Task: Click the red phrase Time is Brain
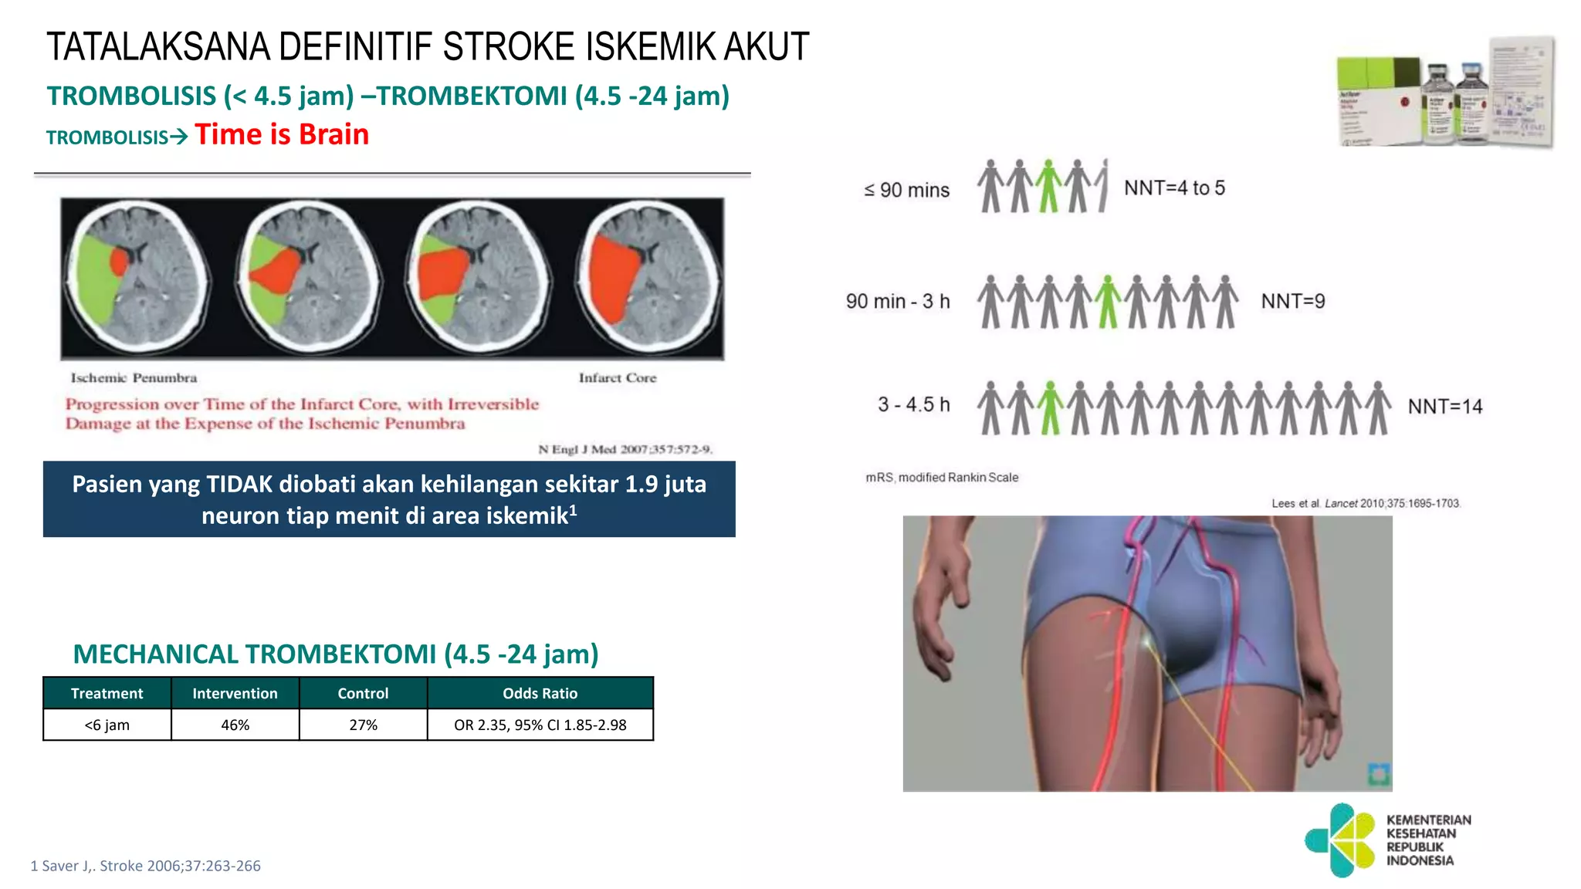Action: click(x=282, y=135)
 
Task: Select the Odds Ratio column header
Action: click(x=540, y=693)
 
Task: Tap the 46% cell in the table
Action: click(x=235, y=725)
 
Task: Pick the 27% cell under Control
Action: click(x=363, y=725)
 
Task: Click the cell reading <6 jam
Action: click(x=107, y=725)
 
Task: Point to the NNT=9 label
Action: click(x=1293, y=302)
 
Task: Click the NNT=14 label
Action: click(x=1445, y=407)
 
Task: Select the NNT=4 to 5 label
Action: click(x=1174, y=188)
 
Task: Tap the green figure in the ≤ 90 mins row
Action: click(x=1048, y=186)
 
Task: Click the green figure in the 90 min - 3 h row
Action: click(x=1108, y=302)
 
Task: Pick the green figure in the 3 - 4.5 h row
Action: click(x=1049, y=407)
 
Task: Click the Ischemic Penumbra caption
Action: click(x=134, y=378)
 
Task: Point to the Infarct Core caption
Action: click(x=618, y=378)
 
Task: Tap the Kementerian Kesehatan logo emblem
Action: click(x=1341, y=840)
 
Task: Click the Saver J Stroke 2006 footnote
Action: click(x=145, y=866)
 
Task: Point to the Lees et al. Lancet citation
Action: click(x=1366, y=503)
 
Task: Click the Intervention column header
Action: click(x=235, y=693)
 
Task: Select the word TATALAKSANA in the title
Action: click(x=159, y=47)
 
